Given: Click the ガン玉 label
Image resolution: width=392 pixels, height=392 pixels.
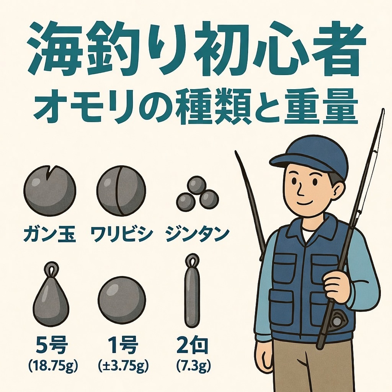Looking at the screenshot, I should pyautogui.click(x=50, y=234).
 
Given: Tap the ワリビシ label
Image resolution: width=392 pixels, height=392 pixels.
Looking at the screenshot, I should pyautogui.click(x=122, y=234).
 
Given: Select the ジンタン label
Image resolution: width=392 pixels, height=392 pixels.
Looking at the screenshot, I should pyautogui.click(x=197, y=234).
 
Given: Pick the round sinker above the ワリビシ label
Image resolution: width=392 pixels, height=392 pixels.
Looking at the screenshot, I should pyautogui.click(x=121, y=190).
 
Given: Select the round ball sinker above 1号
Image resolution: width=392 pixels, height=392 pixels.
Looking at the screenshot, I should pyautogui.click(x=122, y=300).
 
